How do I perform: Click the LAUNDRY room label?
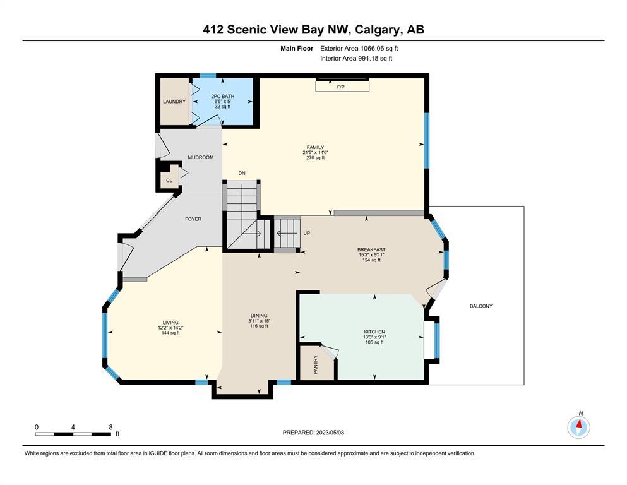tap(174, 102)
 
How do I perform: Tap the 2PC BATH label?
tap(223, 97)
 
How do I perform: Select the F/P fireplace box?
tap(342, 85)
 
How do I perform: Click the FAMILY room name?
tap(315, 147)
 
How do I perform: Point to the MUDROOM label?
tap(201, 157)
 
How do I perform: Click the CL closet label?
tap(169, 181)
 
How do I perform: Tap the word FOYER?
tap(193, 219)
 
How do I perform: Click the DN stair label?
tap(242, 173)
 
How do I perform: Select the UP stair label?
tap(307, 233)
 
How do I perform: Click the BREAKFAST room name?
tap(371, 250)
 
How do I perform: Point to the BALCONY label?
tap(481, 306)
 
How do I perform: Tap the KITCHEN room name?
tap(374, 332)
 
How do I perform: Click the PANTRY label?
tap(316, 364)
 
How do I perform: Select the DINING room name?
tap(259, 316)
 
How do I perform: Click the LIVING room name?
tap(170, 323)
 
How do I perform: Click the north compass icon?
tap(578, 427)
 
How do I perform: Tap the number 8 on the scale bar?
tap(110, 427)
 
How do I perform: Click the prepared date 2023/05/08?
tap(330, 433)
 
